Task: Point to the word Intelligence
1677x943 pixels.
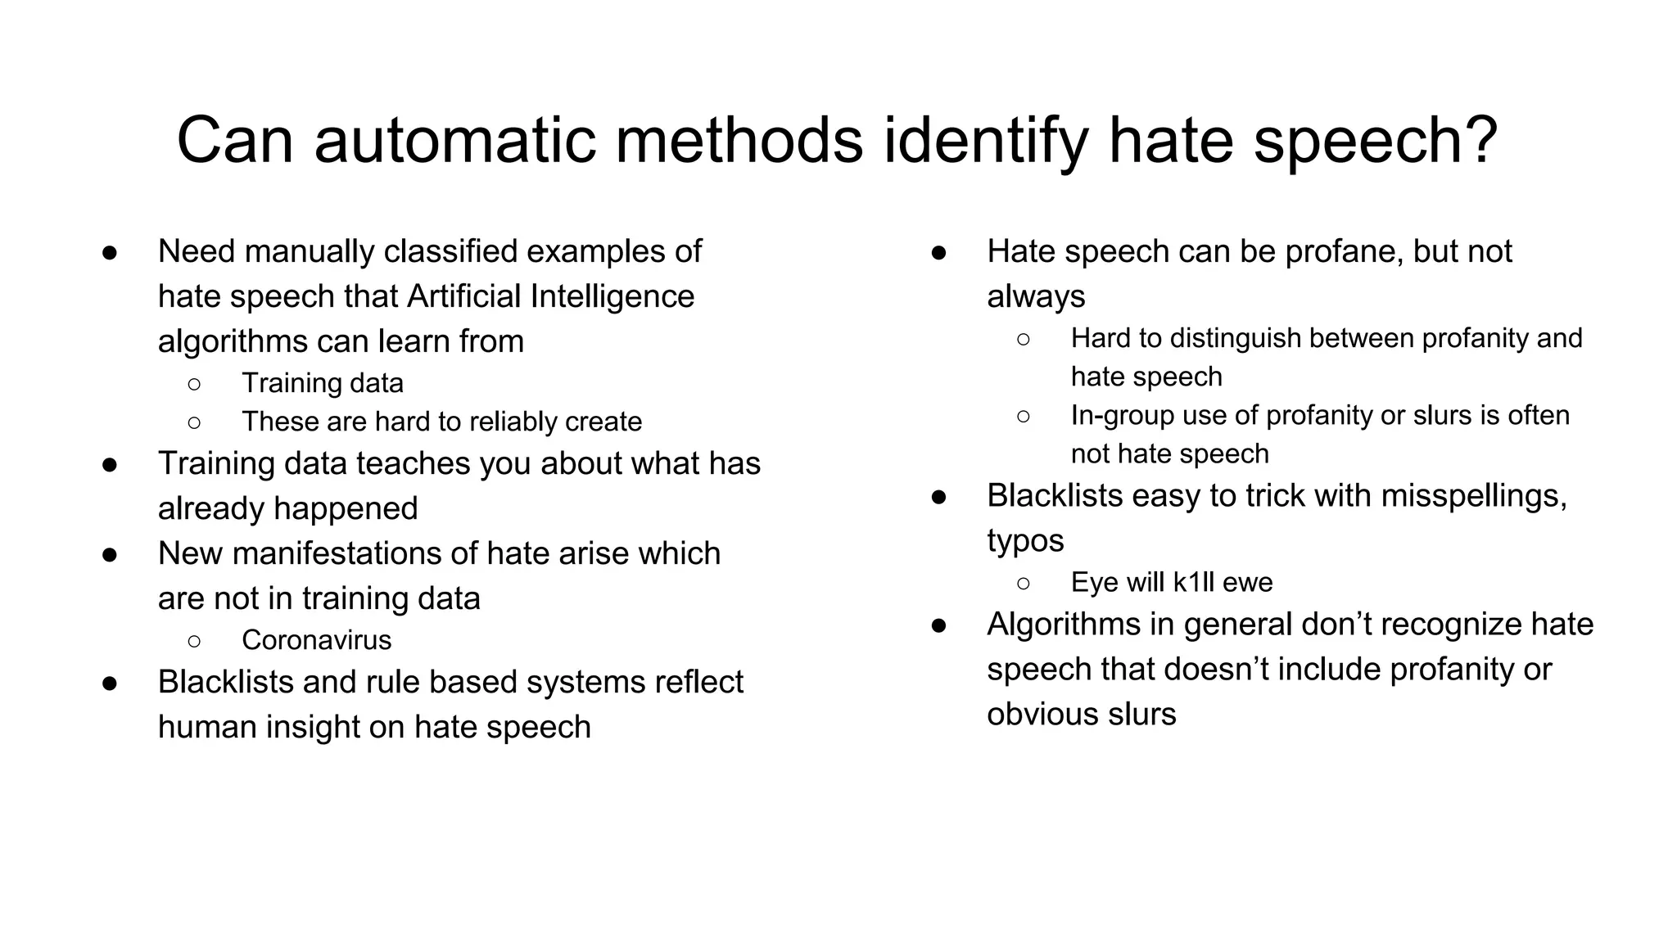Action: (612, 296)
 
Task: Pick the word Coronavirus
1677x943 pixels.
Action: (316, 640)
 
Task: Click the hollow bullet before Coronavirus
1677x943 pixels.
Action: (194, 640)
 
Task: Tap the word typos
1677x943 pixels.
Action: (1025, 541)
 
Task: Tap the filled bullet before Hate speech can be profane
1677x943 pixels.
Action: (939, 252)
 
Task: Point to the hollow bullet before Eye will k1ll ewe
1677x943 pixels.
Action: (1024, 583)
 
